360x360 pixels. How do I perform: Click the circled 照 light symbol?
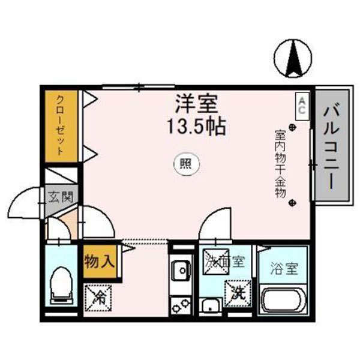click(185, 163)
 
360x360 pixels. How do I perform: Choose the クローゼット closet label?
click(60, 125)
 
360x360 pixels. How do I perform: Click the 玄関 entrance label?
click(60, 196)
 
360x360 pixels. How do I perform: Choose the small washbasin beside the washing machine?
click(210, 305)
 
